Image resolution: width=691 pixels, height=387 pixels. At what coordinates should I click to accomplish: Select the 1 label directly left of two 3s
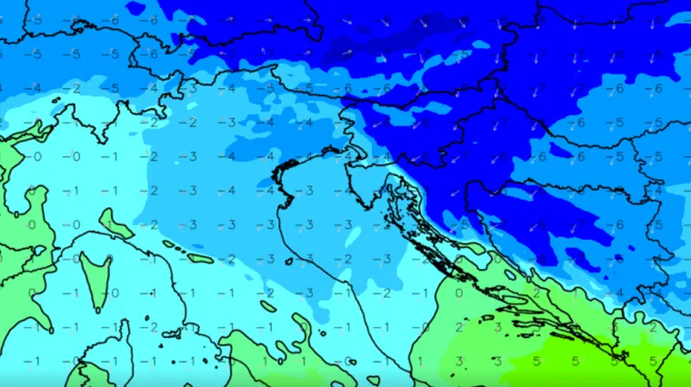click(x=419, y=361)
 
